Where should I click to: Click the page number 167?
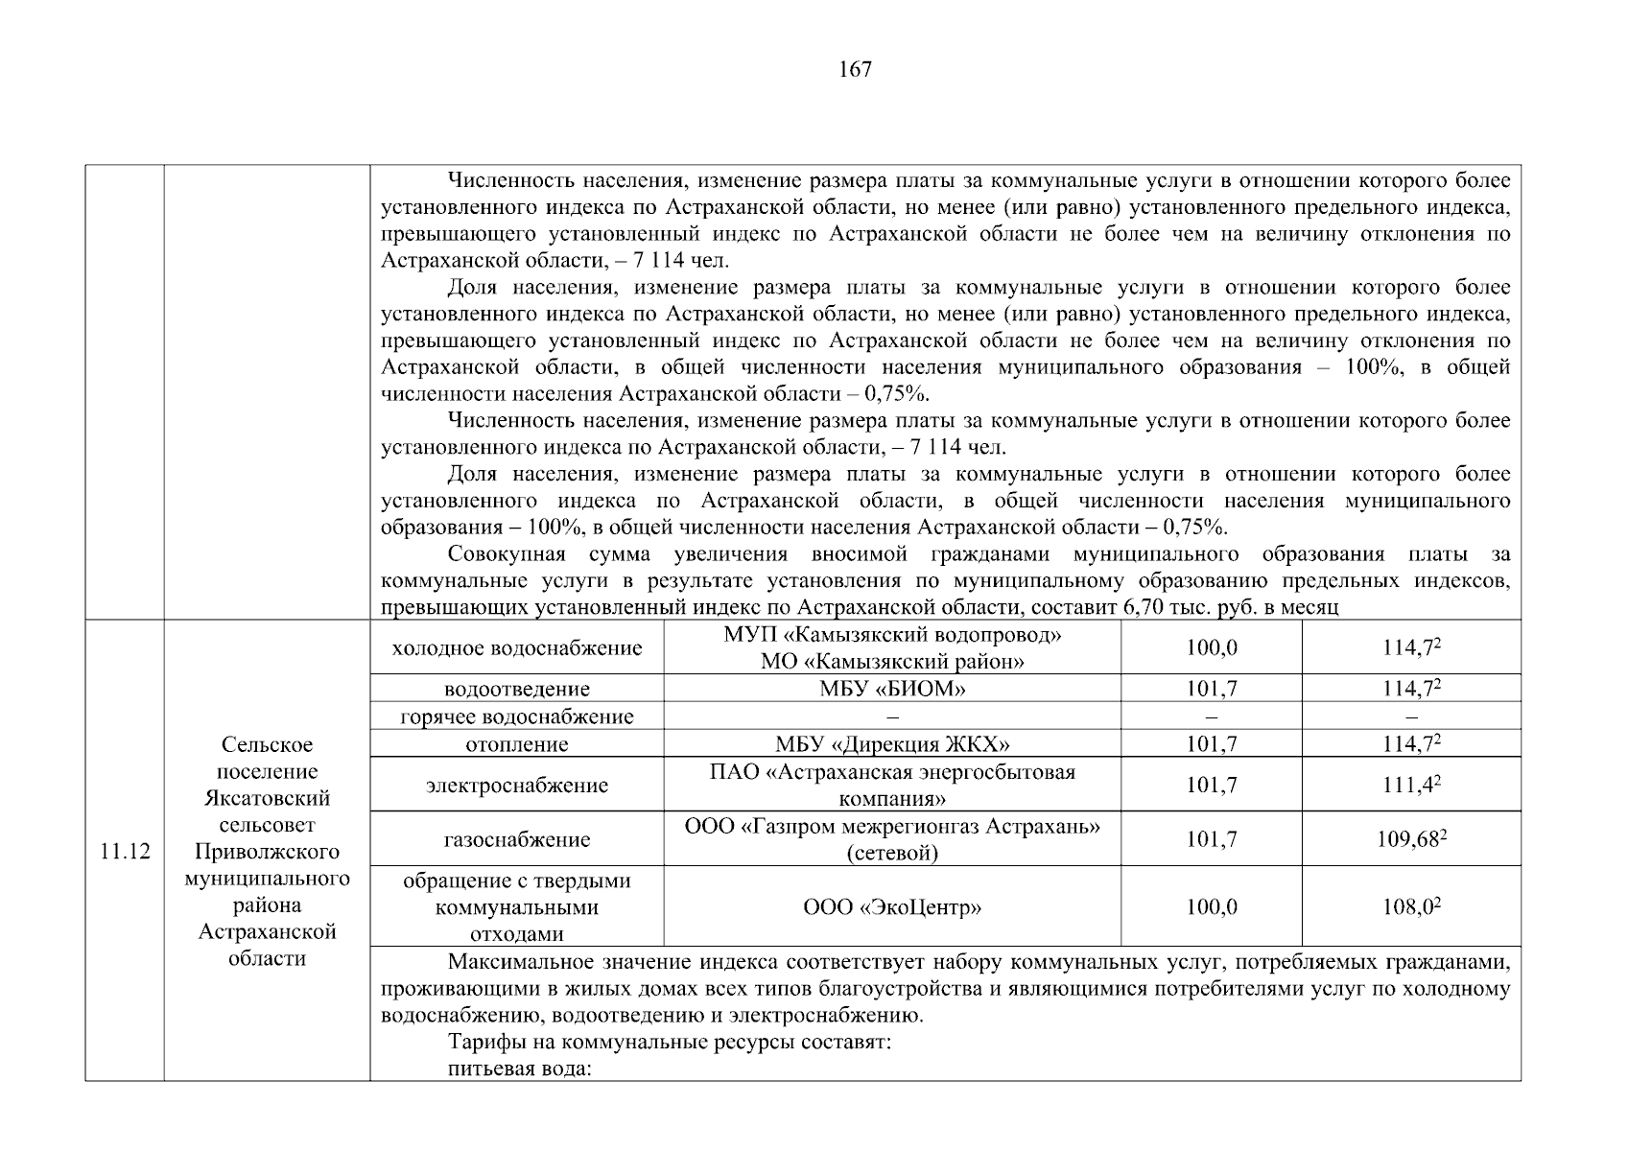(855, 69)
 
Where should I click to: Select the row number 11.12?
(125, 852)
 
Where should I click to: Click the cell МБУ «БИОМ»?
(892, 689)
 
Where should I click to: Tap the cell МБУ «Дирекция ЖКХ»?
(892, 744)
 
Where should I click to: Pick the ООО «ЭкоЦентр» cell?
(892, 907)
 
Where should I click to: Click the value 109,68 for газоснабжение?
(1411, 839)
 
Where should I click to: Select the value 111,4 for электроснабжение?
(1411, 786)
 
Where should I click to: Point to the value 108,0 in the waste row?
(1411, 907)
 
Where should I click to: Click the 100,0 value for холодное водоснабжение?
(1212, 648)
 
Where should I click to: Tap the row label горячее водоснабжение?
(517, 716)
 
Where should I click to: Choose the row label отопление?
(517, 744)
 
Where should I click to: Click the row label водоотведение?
(517, 689)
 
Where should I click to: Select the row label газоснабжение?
(517, 840)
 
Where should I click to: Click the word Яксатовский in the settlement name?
(267, 798)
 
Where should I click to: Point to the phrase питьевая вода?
(518, 1069)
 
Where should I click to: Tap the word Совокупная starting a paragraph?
(507, 554)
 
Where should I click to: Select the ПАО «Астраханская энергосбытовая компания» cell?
(892, 786)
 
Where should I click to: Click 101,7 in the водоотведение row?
(1212, 689)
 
